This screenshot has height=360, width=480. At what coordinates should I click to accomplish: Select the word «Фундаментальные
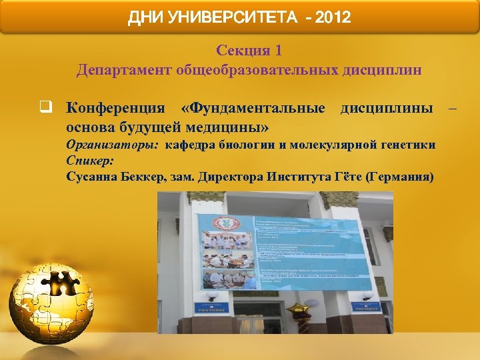click(x=253, y=108)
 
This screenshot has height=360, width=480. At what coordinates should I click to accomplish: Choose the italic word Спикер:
click(x=90, y=161)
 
